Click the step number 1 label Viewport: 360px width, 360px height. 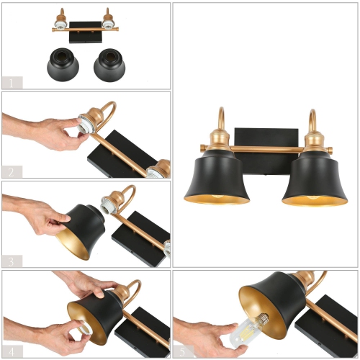coord(12,82)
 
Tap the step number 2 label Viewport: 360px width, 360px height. coord(12,171)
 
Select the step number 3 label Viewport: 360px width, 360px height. coord(12,260)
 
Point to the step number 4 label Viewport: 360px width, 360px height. coord(12,350)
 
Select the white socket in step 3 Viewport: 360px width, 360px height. coord(111,204)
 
